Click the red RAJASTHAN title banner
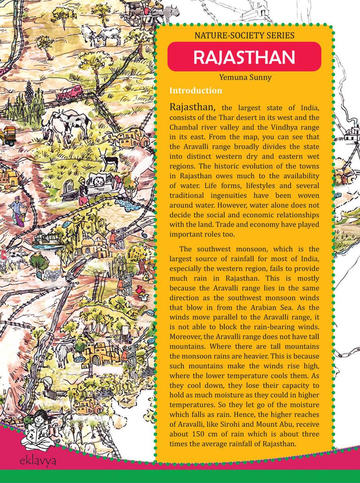(244, 57)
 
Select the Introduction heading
(196, 91)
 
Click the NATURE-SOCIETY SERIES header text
(244, 35)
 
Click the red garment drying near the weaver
(141, 291)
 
